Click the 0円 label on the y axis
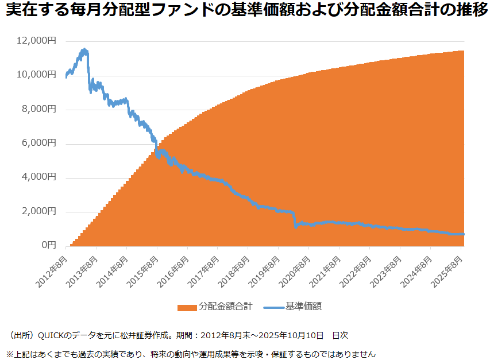tap(48, 245)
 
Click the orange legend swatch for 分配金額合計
tap(187, 307)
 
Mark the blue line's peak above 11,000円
tap(84, 50)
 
